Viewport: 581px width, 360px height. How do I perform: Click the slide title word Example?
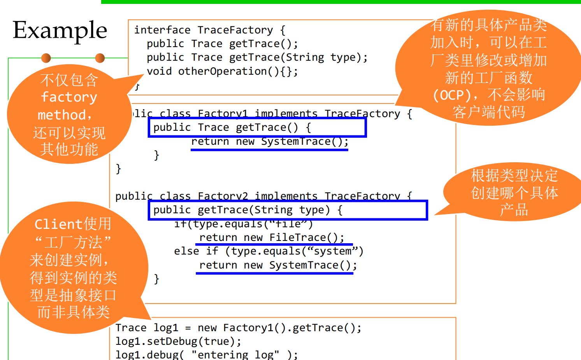coord(60,30)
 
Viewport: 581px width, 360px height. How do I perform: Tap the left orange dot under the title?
coord(46,58)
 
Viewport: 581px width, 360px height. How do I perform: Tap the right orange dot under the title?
coord(100,58)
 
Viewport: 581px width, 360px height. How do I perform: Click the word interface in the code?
coord(162,30)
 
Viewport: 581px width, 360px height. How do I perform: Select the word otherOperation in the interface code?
coord(222,71)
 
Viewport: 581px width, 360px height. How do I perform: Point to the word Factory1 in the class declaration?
coord(223,113)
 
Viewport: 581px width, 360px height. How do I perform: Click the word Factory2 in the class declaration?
coord(223,196)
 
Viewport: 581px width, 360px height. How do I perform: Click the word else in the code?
coord(186,251)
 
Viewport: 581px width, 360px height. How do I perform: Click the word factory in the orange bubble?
coord(69,97)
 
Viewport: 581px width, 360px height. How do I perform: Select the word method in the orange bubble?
coord(62,115)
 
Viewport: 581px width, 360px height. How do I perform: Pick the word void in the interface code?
coord(159,71)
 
